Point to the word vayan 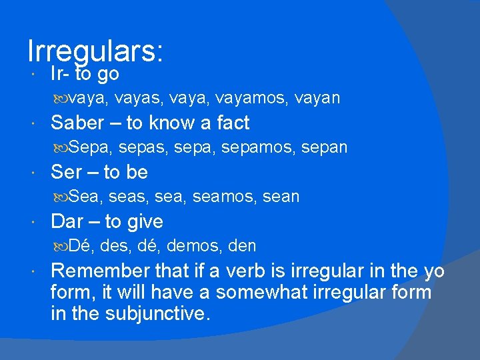pos(317,99)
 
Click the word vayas pos(139,99)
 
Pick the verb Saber pos(77,123)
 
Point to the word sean pos(281,197)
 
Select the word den pos(242,247)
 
